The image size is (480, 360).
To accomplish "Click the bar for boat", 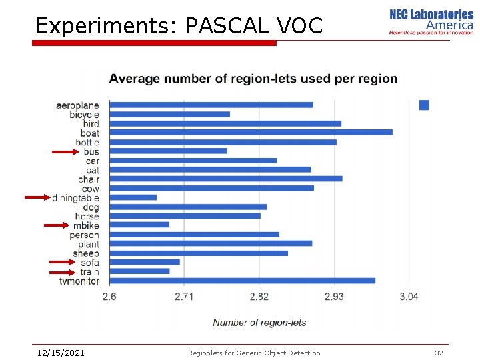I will (x=251, y=132).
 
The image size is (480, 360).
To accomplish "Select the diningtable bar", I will (x=133, y=197).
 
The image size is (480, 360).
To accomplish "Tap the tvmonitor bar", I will (x=242, y=281).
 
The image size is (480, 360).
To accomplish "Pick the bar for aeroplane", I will (x=211, y=105).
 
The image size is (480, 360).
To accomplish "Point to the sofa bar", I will (x=144, y=262).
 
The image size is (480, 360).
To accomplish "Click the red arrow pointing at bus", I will (x=66, y=152).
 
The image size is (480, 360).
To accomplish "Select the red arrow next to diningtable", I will (x=38, y=197).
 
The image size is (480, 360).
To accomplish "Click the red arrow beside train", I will (x=63, y=271).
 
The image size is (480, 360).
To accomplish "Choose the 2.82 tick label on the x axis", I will (x=259, y=296).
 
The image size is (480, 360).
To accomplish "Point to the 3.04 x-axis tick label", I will (x=409, y=296).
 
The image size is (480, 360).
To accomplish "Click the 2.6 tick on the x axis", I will (x=109, y=296).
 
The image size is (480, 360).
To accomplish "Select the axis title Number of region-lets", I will (x=259, y=323).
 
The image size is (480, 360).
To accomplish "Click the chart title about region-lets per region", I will (x=253, y=79).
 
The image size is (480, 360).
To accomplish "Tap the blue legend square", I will (x=424, y=105).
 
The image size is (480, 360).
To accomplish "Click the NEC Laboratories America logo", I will (x=431, y=21).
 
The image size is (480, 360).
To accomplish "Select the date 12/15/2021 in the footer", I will (x=60, y=353).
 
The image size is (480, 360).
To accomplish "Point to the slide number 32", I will (x=439, y=353).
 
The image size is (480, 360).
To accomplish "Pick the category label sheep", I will (x=86, y=253).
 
